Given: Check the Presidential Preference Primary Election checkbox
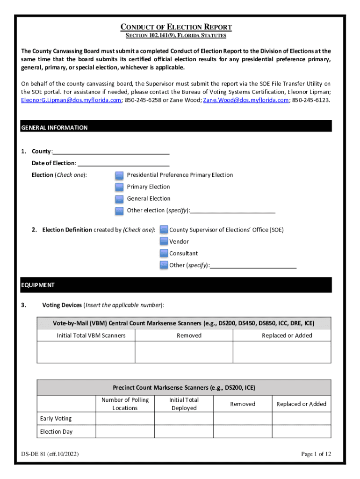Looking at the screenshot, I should point(120,175).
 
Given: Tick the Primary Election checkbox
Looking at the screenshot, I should point(120,187).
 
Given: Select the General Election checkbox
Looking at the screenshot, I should point(120,199).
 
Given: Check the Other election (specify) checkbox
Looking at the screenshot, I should point(120,210).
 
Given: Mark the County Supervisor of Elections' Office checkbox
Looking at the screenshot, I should point(164,230).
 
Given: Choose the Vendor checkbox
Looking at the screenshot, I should point(164,241).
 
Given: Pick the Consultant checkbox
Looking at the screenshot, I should point(164,253).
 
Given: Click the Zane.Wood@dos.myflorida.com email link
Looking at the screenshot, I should point(246,100).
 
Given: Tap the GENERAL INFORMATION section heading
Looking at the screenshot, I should point(55,128).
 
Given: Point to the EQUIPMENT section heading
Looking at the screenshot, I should point(38,285).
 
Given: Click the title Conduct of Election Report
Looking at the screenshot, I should point(176,27).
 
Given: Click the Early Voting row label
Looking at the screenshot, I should point(56,419).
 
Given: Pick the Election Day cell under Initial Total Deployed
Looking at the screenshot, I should point(184,432).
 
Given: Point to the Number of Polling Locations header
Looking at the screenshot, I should point(125,404).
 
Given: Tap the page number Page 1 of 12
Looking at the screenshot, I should point(316,454).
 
